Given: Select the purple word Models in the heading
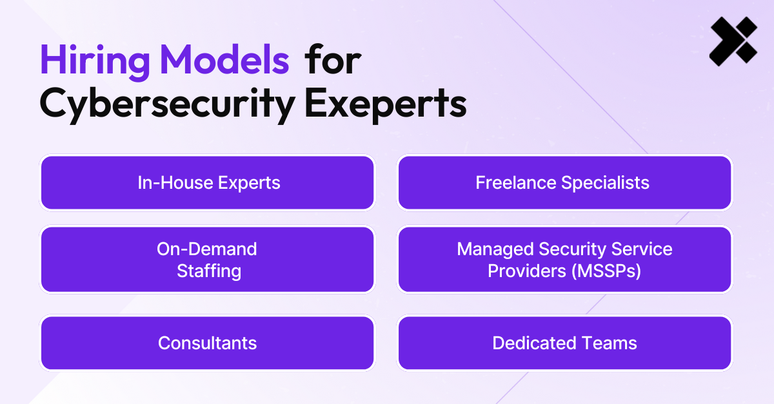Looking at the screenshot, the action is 224,59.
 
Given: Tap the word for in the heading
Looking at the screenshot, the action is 333,59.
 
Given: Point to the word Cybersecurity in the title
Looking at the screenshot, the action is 168,104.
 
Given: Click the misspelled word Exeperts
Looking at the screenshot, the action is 386,104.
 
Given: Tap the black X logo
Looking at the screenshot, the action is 733,41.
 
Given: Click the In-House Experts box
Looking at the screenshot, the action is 207,182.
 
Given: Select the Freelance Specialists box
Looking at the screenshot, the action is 564,182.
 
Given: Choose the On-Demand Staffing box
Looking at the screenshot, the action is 207,260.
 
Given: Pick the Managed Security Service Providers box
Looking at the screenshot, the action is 564,260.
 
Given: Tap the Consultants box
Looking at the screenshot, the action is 207,343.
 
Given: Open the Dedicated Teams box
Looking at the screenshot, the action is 564,343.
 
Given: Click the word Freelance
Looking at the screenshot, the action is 516,182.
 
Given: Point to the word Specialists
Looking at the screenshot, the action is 606,183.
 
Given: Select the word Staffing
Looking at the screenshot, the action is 209,271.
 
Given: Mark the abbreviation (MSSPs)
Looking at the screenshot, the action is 606,271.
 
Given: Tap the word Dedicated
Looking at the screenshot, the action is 535,343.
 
